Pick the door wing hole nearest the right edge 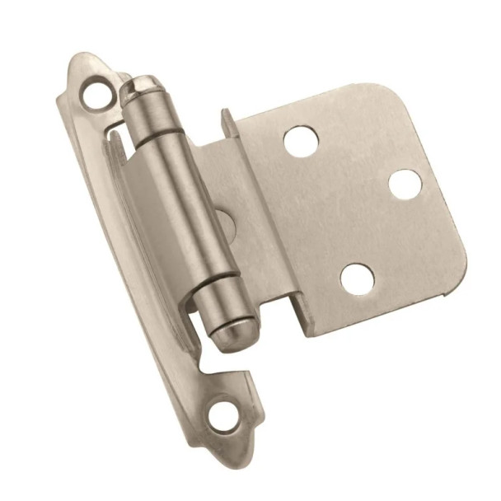[405, 184]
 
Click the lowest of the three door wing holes [357, 279]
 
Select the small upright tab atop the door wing [227, 124]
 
